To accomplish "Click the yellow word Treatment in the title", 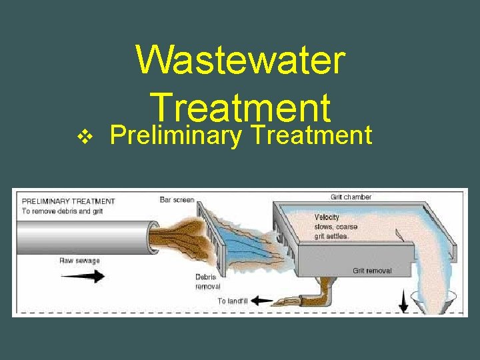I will (241, 107).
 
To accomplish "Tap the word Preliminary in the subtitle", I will (175, 135).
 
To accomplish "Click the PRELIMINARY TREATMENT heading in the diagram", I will (69, 201).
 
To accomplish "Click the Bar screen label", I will (177, 199).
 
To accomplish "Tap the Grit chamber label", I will (351, 197).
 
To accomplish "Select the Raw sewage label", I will (79, 261).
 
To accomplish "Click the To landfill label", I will (232, 301).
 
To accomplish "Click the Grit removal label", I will (372, 271).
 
